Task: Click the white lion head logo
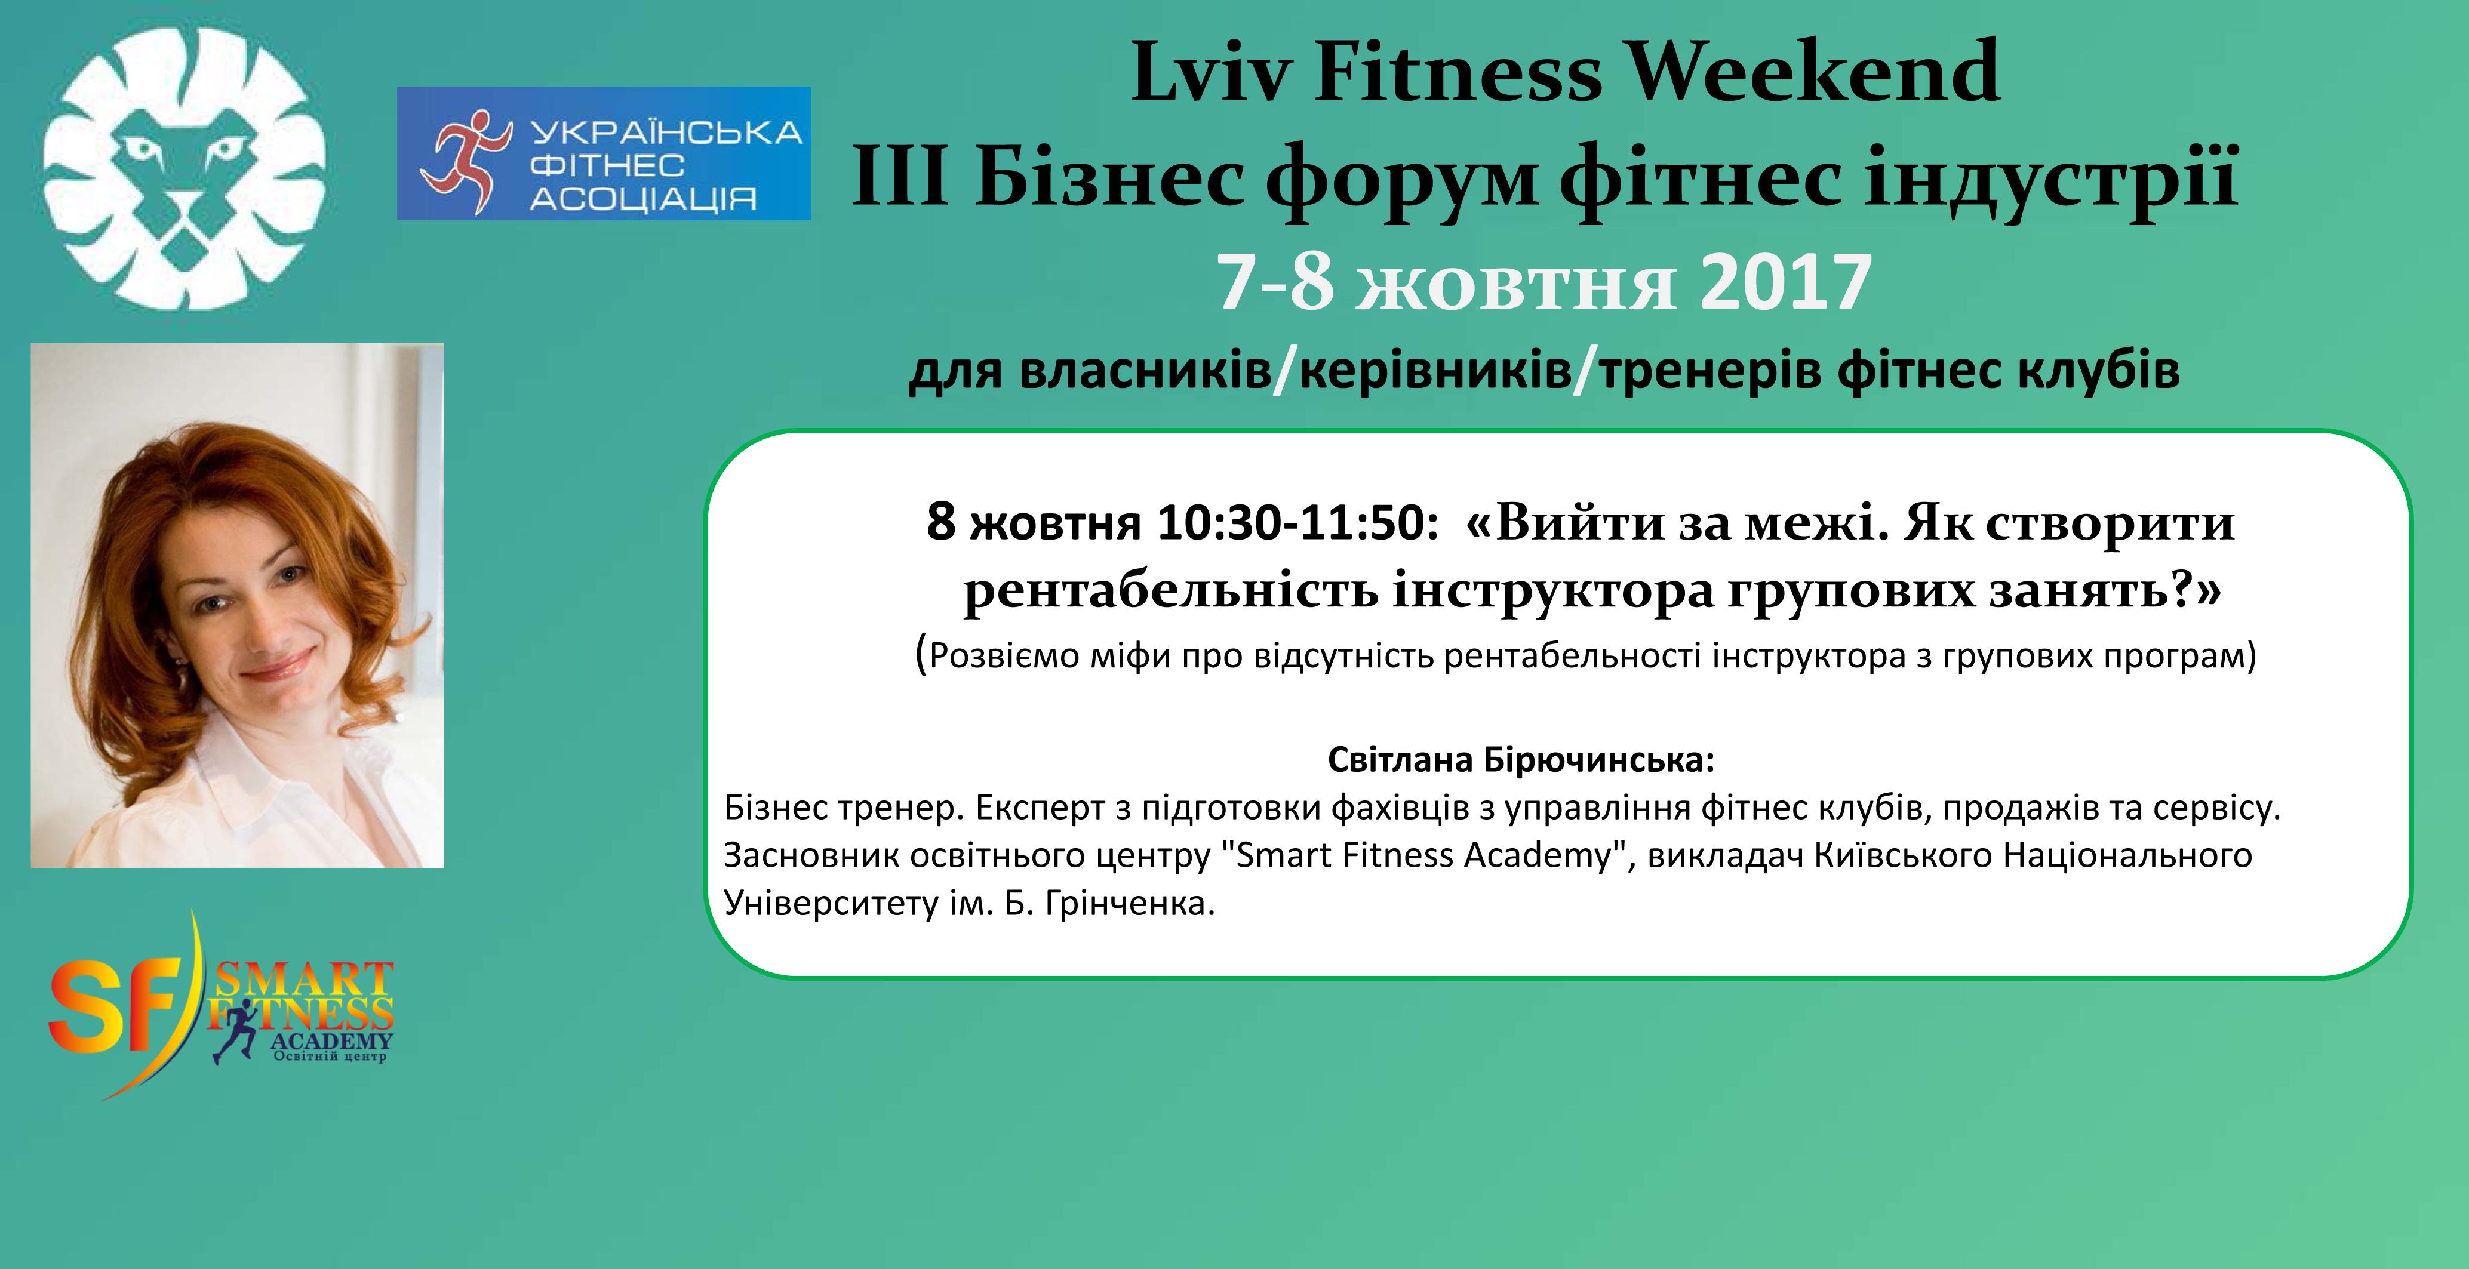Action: click(x=184, y=169)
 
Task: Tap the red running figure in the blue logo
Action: click(x=465, y=161)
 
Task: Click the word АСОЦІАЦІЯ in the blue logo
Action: click(x=643, y=199)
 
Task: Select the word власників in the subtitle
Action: click(x=1145, y=370)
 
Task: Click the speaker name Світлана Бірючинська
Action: click(x=1521, y=760)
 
